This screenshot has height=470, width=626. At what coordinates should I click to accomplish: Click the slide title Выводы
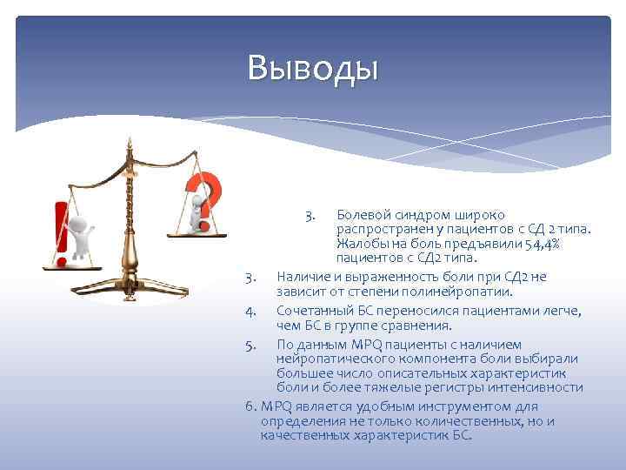[312, 67]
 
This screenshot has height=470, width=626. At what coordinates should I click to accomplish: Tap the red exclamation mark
[61, 233]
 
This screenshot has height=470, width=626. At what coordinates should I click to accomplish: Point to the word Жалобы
[363, 244]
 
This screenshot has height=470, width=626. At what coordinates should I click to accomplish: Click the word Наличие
[302, 277]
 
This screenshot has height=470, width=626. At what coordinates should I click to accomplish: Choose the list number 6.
[250, 406]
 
